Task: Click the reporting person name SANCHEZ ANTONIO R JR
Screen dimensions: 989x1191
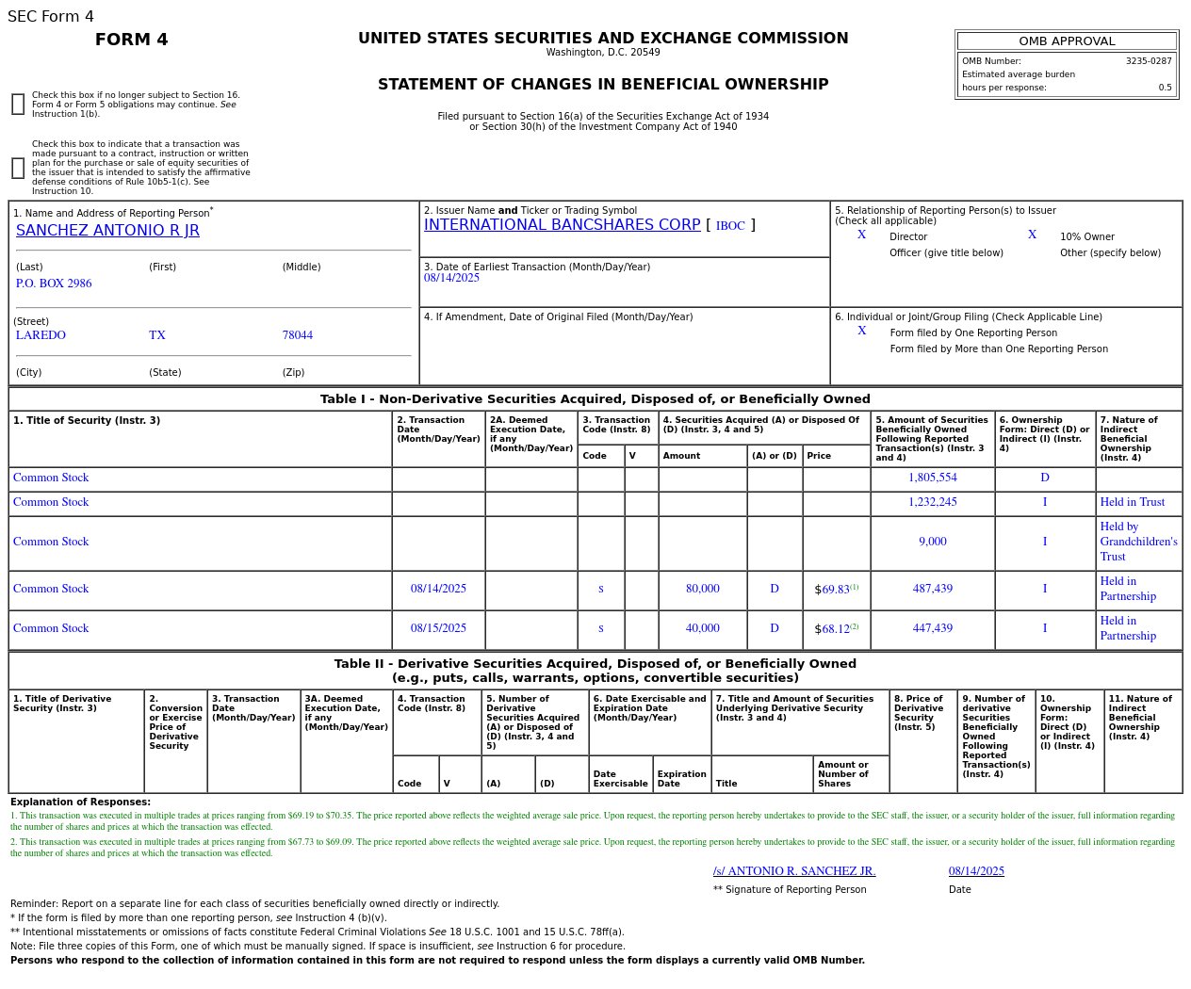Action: (x=107, y=231)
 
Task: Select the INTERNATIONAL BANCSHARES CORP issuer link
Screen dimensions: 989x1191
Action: (x=562, y=225)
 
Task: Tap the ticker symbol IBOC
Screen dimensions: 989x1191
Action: (x=730, y=226)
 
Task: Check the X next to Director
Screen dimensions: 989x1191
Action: (x=861, y=235)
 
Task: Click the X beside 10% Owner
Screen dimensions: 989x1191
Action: (x=1032, y=235)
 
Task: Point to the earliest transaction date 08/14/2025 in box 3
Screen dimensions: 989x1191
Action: (x=451, y=278)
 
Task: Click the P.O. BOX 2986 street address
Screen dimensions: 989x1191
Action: (x=54, y=284)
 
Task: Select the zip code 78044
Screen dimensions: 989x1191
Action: (x=297, y=335)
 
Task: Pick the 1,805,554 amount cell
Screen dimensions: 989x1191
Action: (x=932, y=478)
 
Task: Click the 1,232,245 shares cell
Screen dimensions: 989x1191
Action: (x=932, y=502)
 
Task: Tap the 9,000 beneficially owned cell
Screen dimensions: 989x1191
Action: (x=932, y=542)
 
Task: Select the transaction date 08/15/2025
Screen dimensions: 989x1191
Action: (x=438, y=628)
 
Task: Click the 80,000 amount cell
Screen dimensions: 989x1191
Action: (x=702, y=589)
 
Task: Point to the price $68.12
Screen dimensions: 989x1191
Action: (x=835, y=629)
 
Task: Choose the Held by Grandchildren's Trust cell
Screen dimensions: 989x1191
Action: (x=1138, y=542)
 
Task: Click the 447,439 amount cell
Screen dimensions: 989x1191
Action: (x=932, y=628)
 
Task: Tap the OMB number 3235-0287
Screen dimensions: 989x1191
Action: (x=1148, y=61)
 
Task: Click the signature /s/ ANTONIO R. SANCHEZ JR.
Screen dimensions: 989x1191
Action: (x=794, y=871)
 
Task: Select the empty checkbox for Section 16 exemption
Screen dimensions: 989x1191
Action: (x=18, y=105)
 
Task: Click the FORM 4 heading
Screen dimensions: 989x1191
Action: (x=132, y=40)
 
